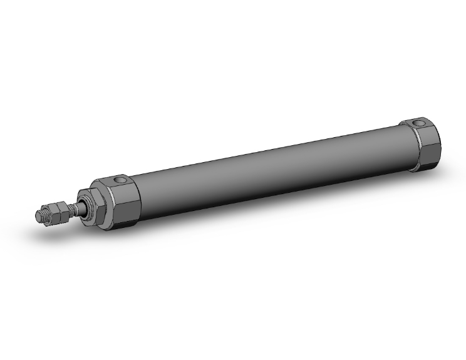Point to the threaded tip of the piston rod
39,215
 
